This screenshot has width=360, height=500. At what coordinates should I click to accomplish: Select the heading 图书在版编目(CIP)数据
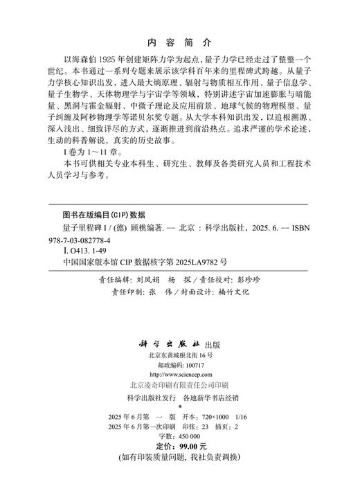point(104,214)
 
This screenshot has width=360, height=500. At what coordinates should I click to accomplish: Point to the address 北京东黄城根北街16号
point(181,355)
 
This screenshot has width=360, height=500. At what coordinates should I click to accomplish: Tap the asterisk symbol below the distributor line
point(180,409)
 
